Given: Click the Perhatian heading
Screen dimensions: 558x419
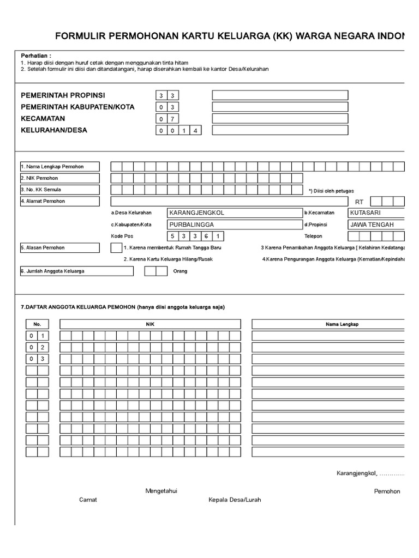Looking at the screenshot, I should pyautogui.click(x=36, y=56).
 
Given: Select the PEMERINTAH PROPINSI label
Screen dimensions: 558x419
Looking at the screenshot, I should pyautogui.click(x=63, y=95).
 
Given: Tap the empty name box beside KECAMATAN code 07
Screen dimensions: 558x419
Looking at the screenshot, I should pyautogui.click(x=280, y=119).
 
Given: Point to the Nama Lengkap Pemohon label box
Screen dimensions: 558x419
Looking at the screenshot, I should pyautogui.click(x=60, y=166).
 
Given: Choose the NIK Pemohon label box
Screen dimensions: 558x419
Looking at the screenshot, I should pyautogui.click(x=60, y=178).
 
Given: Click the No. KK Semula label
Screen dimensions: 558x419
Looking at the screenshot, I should pyautogui.click(x=41, y=190).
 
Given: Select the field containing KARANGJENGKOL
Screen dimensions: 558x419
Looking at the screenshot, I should pyautogui.click(x=234, y=213).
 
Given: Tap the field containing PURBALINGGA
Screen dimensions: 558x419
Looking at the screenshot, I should pyautogui.click(x=234, y=225).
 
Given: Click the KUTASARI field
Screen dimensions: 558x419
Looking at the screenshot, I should pyautogui.click(x=376, y=213).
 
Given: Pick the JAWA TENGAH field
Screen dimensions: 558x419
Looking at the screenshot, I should pyautogui.click(x=376, y=225).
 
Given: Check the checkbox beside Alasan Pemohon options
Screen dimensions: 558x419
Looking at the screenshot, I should pyautogui.click(x=116, y=248).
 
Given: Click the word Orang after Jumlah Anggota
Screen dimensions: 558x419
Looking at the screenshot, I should pyautogui.click(x=180, y=271).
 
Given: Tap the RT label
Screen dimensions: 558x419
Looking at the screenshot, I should pyautogui.click(x=359, y=202).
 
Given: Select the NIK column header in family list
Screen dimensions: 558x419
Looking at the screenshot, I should pyautogui.click(x=150, y=324).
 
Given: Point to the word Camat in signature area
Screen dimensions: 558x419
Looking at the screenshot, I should pyautogui.click(x=88, y=500).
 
